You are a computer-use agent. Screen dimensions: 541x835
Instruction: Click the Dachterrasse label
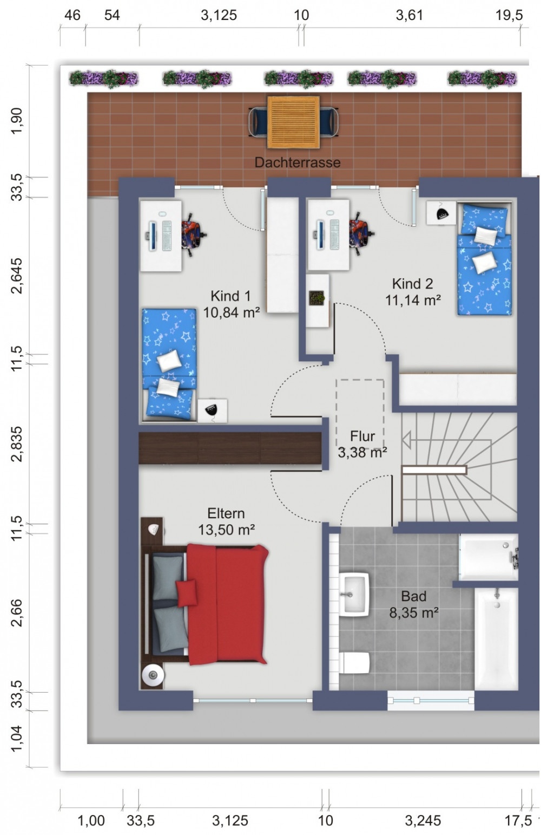click(297, 162)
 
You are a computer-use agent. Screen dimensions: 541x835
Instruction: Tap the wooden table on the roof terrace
click(293, 122)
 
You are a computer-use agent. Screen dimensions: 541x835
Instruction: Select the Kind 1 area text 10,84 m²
click(231, 312)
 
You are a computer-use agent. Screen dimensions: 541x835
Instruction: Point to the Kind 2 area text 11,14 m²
click(413, 299)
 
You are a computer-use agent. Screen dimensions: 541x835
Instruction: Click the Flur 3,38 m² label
click(362, 444)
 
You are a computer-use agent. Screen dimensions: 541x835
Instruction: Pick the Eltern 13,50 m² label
click(226, 521)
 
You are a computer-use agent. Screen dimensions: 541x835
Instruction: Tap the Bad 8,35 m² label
click(414, 604)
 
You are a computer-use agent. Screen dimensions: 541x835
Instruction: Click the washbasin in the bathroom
click(354, 594)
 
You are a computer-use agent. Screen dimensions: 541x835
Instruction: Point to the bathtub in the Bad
click(496, 639)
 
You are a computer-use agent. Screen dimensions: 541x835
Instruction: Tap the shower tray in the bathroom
click(489, 557)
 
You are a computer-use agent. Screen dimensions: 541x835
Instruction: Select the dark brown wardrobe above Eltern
click(230, 448)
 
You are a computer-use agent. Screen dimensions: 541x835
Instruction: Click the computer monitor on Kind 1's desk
click(153, 236)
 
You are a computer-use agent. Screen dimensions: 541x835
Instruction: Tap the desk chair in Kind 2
click(360, 234)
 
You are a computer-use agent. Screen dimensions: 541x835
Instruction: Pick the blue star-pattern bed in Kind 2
click(484, 259)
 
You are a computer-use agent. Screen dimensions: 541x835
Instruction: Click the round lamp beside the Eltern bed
click(153, 675)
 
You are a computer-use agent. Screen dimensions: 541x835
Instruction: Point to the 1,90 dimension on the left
click(17, 121)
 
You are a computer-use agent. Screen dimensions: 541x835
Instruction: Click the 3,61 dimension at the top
click(409, 15)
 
